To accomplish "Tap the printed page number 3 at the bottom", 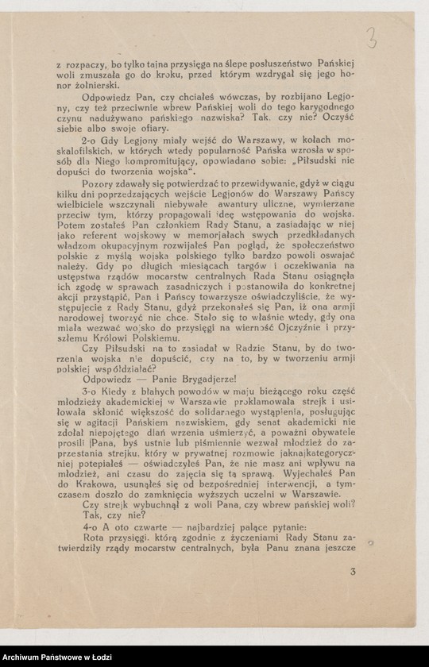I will (x=353, y=571).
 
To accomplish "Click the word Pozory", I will (x=99, y=182).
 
